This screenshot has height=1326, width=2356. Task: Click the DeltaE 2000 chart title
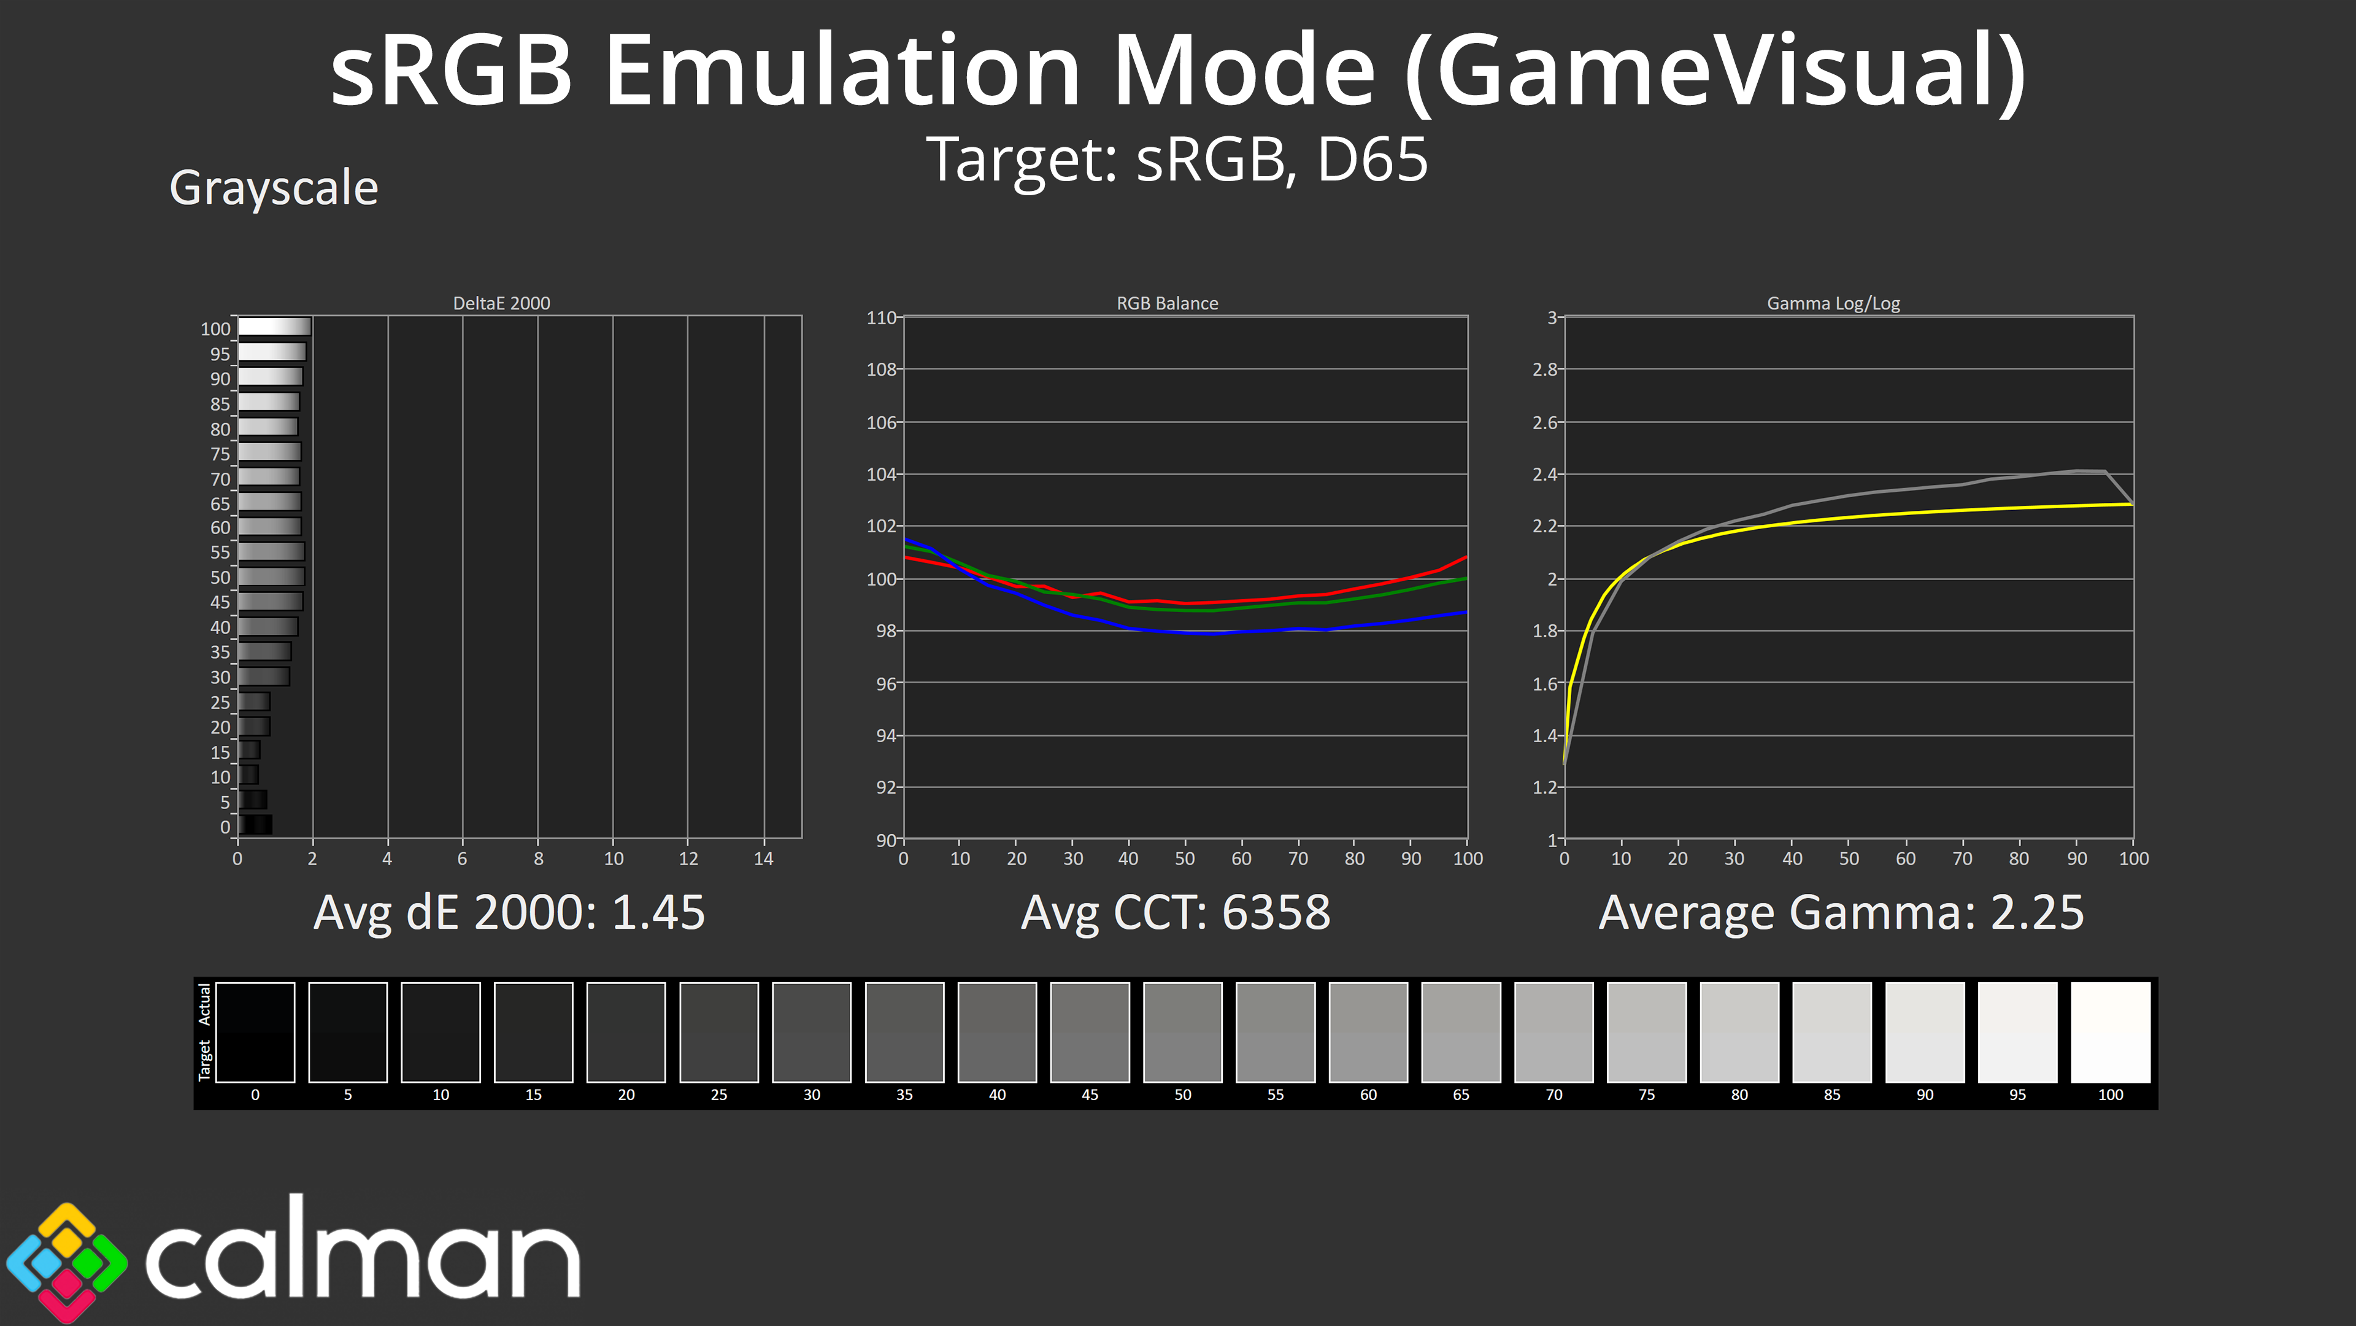(501, 303)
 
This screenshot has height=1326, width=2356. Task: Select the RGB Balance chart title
(1167, 303)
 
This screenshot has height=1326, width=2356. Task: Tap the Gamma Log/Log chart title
(1833, 303)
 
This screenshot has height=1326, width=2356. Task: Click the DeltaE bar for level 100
(274, 327)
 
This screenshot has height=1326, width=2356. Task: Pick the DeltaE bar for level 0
(255, 824)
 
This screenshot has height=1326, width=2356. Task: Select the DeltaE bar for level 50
(271, 576)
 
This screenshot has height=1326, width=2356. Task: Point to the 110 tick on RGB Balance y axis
(881, 317)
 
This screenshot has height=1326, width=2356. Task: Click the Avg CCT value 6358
(1276, 912)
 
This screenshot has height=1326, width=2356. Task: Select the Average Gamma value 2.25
(2037, 912)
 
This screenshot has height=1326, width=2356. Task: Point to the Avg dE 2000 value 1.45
(658, 912)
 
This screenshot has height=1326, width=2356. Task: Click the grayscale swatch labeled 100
(2110, 1031)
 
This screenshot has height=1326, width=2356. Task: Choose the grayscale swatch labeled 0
(255, 1031)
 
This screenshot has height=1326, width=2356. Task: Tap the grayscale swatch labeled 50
(1182, 1031)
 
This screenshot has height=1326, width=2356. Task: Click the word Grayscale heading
(274, 188)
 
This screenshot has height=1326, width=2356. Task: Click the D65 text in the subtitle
(1372, 160)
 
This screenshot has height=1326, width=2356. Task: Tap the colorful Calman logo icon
(66, 1261)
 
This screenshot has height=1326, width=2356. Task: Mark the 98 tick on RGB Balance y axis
(885, 630)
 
